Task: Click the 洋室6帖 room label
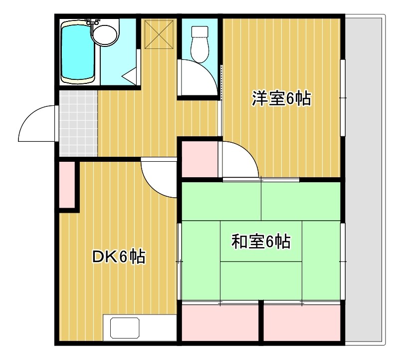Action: pos(281,98)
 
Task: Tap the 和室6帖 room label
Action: pos(261,242)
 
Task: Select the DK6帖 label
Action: pos(119,257)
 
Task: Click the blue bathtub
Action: pos(77,51)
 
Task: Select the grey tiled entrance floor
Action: pos(78,123)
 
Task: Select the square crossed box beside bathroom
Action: pos(159,33)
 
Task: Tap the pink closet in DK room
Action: pos(66,184)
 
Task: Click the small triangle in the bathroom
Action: pos(131,76)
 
